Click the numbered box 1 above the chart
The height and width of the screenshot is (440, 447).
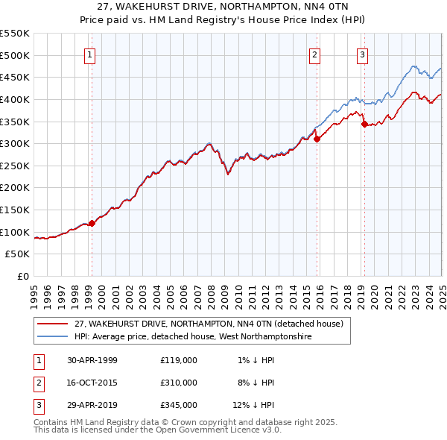pyautogui.click(x=89, y=54)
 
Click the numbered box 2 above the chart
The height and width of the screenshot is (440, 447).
pyautogui.click(x=315, y=54)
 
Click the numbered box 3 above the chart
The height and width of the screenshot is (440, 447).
pyautogui.click(x=362, y=54)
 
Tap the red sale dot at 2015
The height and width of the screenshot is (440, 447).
pyautogui.click(x=317, y=138)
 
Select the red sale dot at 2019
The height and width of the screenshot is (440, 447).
pyautogui.click(x=364, y=125)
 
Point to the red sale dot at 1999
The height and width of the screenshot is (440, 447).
pyautogui.click(x=92, y=222)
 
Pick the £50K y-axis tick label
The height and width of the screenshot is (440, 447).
pyautogui.click(x=18, y=254)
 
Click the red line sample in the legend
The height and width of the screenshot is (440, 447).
pyautogui.click(x=52, y=324)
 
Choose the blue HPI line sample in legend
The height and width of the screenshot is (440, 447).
pyautogui.click(x=52, y=337)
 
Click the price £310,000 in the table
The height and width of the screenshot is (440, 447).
pyautogui.click(x=179, y=383)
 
